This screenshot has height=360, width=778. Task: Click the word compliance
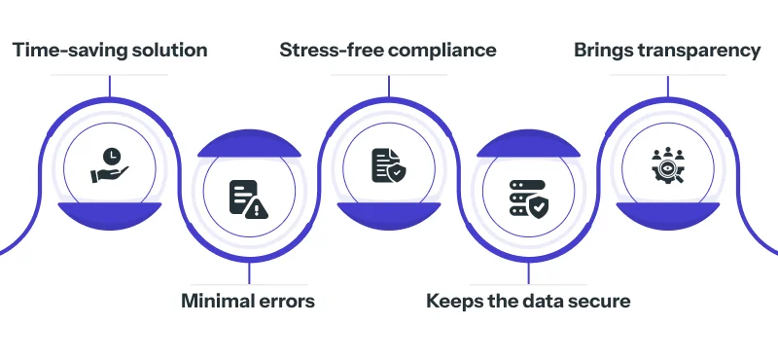point(445,51)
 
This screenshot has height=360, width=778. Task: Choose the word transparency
point(701,51)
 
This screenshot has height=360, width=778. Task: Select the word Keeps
point(453,301)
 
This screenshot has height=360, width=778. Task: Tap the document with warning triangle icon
point(247,198)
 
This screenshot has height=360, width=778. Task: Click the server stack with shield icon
point(528,198)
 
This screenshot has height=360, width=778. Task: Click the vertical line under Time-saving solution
point(109,86)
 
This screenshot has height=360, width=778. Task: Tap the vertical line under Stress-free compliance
point(389,86)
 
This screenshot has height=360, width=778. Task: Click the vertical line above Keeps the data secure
point(528,273)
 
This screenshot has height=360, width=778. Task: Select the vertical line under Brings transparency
point(668,86)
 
